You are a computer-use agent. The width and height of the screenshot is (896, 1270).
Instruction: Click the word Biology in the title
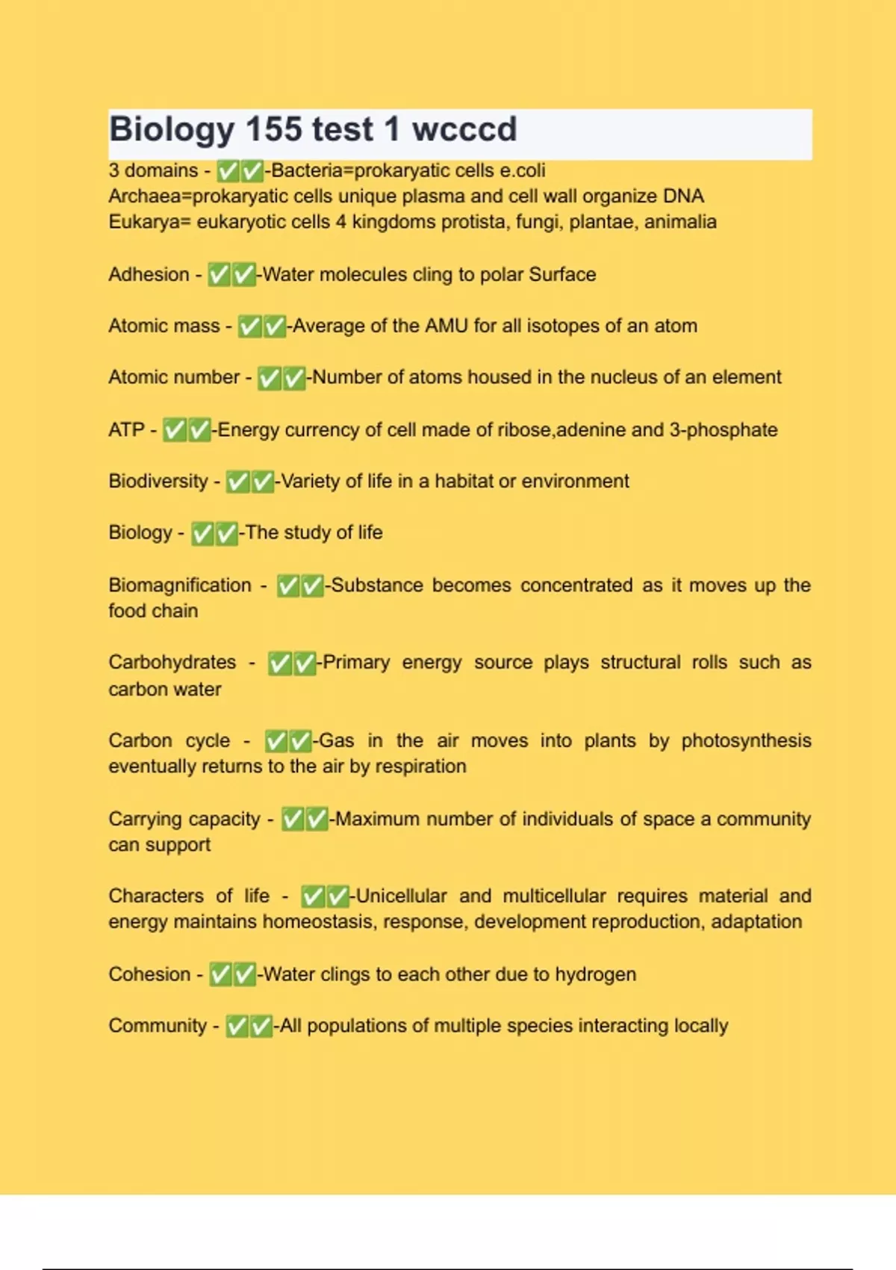(172, 130)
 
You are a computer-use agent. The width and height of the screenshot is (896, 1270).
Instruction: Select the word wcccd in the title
(464, 129)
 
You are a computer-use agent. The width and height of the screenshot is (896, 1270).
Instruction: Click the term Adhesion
(149, 274)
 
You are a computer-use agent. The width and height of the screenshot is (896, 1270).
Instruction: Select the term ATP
(126, 430)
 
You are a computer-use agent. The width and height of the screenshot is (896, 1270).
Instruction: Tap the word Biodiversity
(158, 481)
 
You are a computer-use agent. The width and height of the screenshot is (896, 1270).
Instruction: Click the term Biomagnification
(180, 585)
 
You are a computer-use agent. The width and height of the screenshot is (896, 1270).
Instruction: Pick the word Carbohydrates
(172, 663)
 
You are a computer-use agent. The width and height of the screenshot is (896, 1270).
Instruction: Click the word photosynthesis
(746, 740)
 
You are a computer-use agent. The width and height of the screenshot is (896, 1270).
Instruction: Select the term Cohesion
(149, 974)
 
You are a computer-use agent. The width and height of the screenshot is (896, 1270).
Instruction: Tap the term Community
(158, 1026)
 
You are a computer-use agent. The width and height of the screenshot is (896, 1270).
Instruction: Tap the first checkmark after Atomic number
(269, 378)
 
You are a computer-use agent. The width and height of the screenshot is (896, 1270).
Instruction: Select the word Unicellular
(401, 896)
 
